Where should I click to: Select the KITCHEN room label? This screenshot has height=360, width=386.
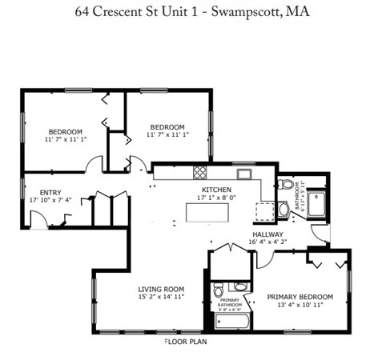point(216,190)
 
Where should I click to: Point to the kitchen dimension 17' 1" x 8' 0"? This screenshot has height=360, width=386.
point(216,198)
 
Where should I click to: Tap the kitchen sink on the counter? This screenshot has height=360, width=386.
point(242,172)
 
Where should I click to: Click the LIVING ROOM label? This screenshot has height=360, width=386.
point(161,289)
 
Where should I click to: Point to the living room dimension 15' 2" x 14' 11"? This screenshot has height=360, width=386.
point(161,297)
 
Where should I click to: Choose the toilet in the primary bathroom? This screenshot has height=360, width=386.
point(239,286)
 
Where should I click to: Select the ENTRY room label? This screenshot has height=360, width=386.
point(50,192)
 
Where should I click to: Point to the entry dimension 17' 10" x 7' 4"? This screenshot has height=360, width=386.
point(50,200)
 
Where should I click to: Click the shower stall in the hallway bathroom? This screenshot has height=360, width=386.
point(318,204)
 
